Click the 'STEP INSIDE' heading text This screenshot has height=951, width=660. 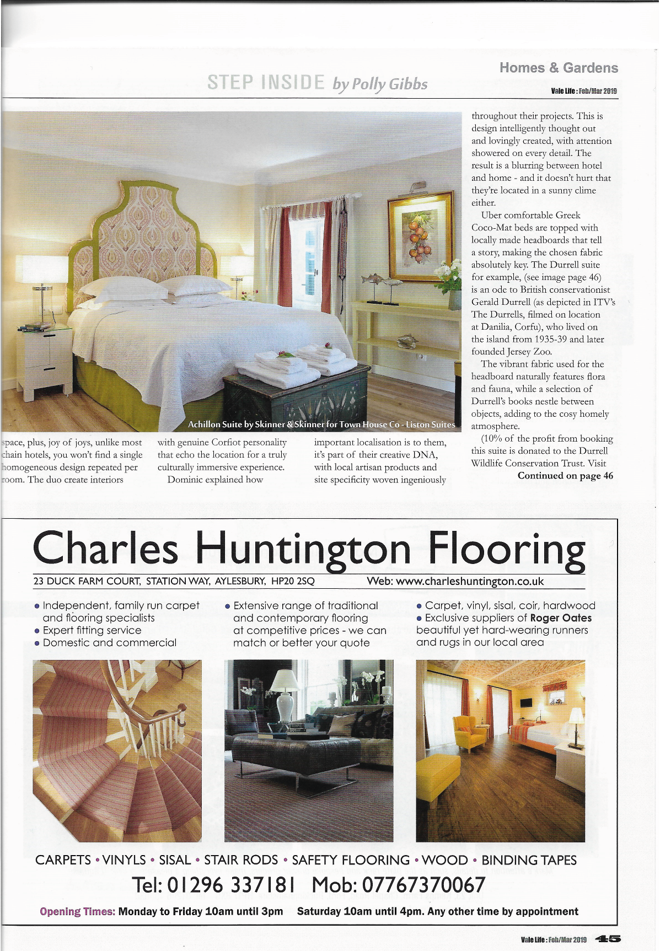266,83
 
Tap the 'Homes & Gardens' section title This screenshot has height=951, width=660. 559,68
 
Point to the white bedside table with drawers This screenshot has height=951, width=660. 45,361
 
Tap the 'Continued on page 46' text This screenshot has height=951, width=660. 565,476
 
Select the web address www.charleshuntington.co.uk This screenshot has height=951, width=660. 470,581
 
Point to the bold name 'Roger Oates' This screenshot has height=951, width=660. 561,618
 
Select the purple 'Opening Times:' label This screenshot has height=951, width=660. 78,911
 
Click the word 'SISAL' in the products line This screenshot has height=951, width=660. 175,860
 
